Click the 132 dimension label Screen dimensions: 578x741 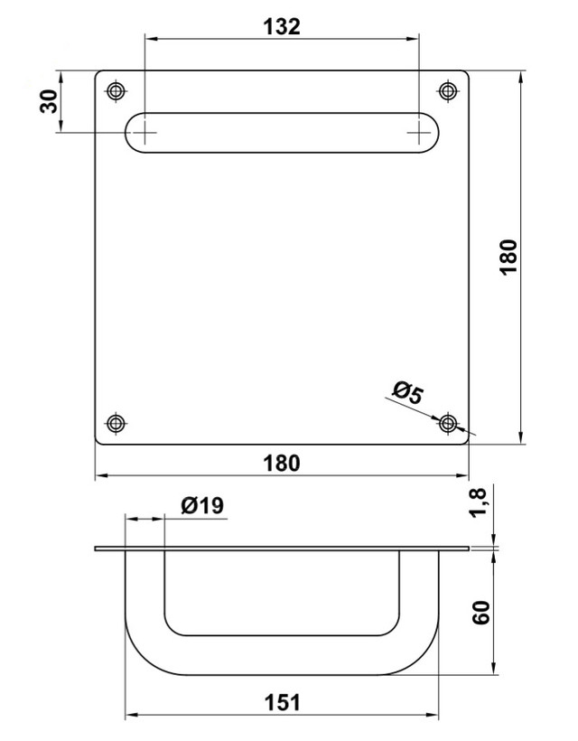(x=282, y=26)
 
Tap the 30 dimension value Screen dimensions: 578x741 (x=48, y=101)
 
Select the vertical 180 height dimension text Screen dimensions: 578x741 (x=508, y=257)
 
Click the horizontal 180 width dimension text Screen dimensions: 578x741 (x=282, y=463)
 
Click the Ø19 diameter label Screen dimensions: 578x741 (x=202, y=506)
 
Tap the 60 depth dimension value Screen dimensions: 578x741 (x=481, y=613)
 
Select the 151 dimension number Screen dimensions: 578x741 (x=282, y=702)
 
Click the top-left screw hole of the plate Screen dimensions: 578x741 (x=117, y=91)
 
